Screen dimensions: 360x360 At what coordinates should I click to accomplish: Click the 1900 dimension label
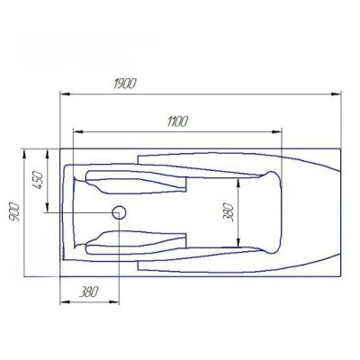coord(125,84)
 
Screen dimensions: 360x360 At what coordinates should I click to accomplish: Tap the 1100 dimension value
coord(177,121)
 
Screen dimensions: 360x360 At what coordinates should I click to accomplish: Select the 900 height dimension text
coord(14,212)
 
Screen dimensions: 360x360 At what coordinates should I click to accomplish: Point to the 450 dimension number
coord(39,180)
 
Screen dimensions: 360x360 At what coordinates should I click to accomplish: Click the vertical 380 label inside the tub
coord(229,212)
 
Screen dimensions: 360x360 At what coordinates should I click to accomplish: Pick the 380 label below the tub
coord(89,292)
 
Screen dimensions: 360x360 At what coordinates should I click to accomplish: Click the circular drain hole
coord(119,212)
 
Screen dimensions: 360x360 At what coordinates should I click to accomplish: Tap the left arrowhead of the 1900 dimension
coord(65,94)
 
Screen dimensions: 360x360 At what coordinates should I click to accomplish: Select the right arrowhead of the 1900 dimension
coord(337,94)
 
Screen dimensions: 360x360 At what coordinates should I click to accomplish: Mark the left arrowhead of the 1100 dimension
coord(78,131)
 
